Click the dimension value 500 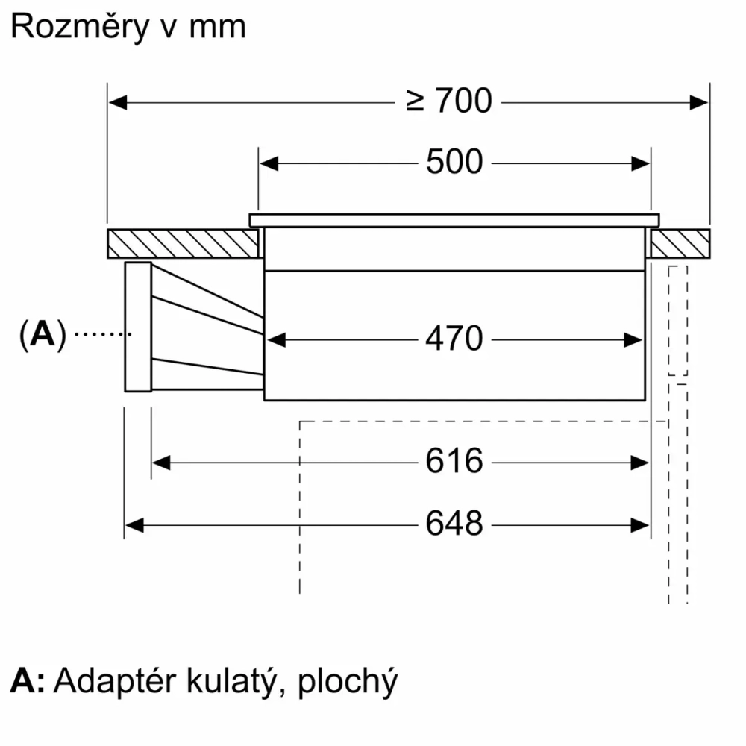pyautogui.click(x=454, y=162)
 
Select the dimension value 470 pyautogui.click(x=454, y=339)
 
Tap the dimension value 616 pyautogui.click(x=454, y=462)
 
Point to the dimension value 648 pyautogui.click(x=454, y=524)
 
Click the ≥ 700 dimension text pyautogui.click(x=450, y=101)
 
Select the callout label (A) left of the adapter pyautogui.click(x=43, y=335)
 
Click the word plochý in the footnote pyautogui.click(x=347, y=682)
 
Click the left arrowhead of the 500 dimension pyautogui.click(x=269, y=163)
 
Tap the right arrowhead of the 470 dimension pyautogui.click(x=634, y=340)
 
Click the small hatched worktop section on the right pyautogui.click(x=679, y=243)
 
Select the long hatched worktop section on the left pyautogui.click(x=183, y=243)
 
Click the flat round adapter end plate pyautogui.click(x=138, y=326)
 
